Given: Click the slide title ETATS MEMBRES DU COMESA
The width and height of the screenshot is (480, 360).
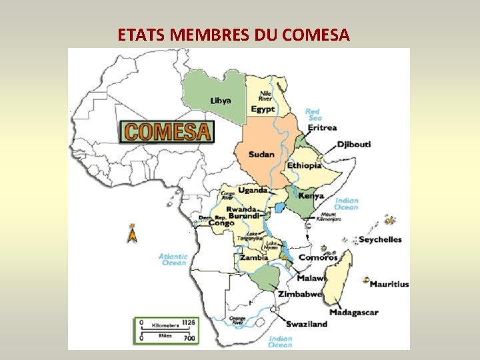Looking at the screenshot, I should (233, 35).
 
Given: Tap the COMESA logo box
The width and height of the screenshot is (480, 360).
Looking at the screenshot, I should (167, 131).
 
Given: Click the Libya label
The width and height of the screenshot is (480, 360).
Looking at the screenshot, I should (221, 101).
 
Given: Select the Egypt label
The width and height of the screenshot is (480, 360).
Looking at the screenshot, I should (263, 109).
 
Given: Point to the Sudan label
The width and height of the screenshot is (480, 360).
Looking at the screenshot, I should (261, 155).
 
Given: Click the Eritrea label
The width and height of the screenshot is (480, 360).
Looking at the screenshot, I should (323, 127).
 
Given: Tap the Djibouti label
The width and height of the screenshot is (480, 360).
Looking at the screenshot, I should (354, 144).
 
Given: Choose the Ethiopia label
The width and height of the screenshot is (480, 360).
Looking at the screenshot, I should (305, 165).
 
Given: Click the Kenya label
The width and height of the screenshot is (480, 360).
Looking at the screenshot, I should (311, 195).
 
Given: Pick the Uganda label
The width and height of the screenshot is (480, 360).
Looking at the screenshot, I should (253, 190).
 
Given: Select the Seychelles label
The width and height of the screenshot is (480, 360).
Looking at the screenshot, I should (380, 239).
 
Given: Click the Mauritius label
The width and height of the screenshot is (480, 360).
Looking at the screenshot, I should (389, 284).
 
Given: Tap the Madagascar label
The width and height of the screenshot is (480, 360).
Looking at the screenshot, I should (353, 312).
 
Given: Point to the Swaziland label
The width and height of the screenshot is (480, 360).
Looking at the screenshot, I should (307, 324).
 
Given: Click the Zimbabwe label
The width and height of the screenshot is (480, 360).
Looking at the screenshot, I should (300, 294).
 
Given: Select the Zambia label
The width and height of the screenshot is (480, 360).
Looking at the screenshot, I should (254, 257).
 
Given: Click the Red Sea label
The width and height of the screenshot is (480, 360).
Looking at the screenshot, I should (313, 115).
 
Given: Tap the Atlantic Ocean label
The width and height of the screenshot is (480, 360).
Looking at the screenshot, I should (173, 259).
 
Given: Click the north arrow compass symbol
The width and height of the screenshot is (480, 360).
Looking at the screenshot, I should (133, 233).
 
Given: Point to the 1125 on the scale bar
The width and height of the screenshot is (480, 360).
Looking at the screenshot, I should (190, 322).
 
